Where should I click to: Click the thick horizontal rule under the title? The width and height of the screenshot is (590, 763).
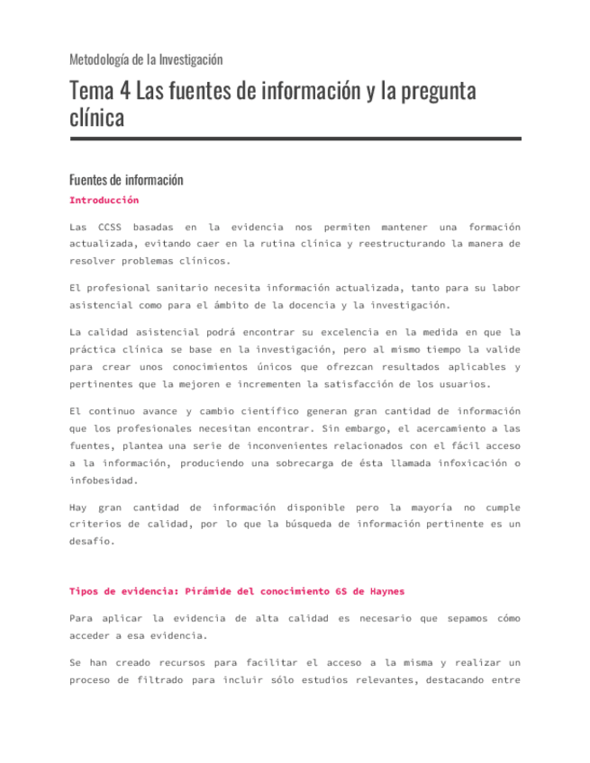coord(295,139)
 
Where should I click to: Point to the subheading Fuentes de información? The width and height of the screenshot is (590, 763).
coord(126,179)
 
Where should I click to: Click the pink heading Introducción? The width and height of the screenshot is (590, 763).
coord(104,200)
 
